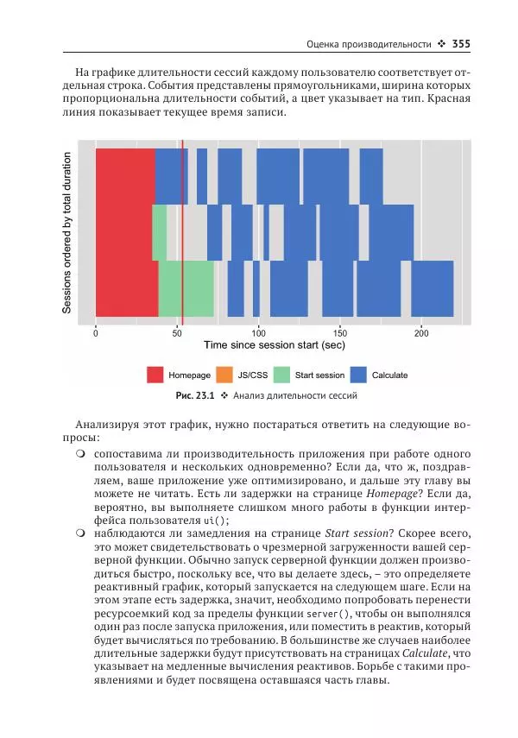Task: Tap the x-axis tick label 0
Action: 96,332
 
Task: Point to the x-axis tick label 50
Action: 177,332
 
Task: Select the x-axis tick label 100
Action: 258,332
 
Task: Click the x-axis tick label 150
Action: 339,332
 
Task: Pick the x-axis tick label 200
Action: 420,332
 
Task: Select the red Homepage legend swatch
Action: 155,375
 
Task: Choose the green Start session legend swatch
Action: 281,375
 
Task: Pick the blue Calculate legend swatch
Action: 358,375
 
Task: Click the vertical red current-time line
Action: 182,233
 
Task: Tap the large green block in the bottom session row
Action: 186,288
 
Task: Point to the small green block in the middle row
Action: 160,232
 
